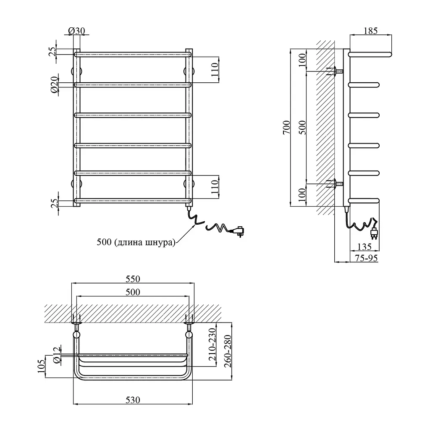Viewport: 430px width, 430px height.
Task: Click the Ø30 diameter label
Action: [x=76, y=31]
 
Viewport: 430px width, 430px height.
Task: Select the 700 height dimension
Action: [x=286, y=127]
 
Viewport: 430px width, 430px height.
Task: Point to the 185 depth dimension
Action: [x=370, y=31]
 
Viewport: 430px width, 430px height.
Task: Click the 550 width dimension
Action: [x=133, y=279]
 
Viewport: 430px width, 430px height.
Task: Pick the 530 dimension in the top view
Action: [x=133, y=400]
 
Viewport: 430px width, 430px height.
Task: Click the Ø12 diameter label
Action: [x=57, y=356]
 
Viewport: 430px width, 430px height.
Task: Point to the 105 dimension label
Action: [x=41, y=367]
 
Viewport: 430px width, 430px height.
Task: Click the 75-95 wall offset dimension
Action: [x=366, y=258]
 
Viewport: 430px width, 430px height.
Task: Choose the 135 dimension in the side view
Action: [x=364, y=247]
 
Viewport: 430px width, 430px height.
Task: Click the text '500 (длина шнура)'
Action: [x=136, y=242]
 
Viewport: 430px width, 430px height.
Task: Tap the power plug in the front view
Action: [x=238, y=231]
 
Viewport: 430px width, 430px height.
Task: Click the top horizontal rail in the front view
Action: [x=133, y=54]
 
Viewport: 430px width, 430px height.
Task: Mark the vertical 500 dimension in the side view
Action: [x=302, y=127]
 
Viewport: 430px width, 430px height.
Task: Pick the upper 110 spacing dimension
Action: [x=215, y=70]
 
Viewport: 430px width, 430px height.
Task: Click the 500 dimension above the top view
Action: [x=133, y=292]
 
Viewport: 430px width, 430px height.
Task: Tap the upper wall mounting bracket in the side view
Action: [x=335, y=71]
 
